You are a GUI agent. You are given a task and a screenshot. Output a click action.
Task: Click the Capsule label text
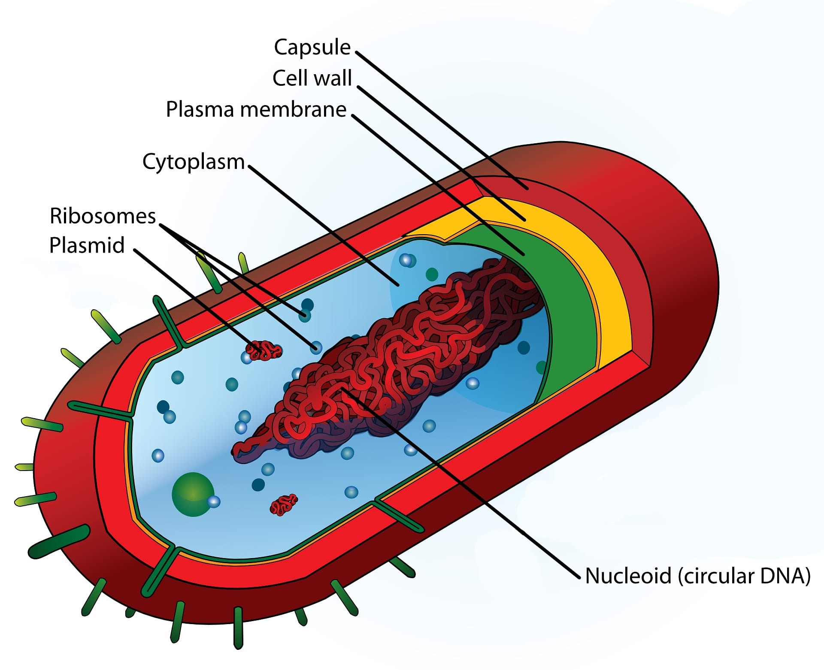(312, 47)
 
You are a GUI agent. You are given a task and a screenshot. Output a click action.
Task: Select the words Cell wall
(312, 78)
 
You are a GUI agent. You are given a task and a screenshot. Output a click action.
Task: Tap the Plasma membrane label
(256, 109)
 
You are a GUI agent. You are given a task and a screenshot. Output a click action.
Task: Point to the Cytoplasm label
(193, 162)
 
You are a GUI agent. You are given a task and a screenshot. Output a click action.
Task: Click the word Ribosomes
(103, 216)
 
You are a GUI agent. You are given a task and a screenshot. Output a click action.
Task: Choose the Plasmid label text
(87, 245)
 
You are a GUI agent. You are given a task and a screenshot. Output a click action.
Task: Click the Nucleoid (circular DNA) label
(698, 576)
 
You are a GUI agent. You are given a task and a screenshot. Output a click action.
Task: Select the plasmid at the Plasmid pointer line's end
(264, 350)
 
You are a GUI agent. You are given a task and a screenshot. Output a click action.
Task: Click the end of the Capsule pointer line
(527, 189)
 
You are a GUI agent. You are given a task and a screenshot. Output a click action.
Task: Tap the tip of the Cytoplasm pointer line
(398, 285)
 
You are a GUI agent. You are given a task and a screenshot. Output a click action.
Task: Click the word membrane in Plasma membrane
(293, 109)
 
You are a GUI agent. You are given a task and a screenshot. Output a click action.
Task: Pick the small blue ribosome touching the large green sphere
(213, 501)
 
